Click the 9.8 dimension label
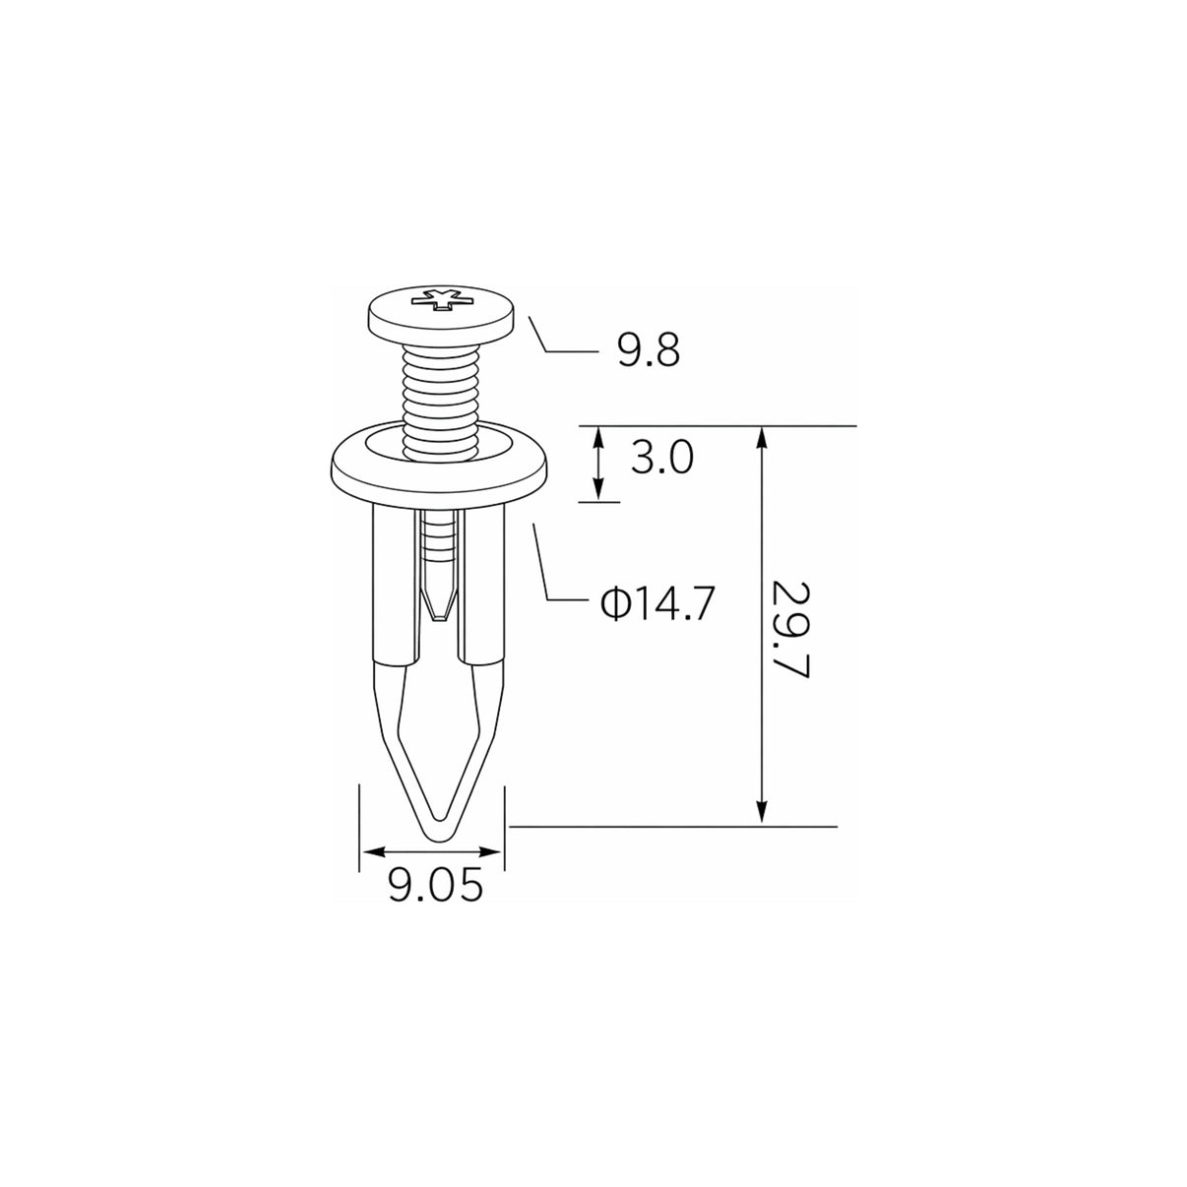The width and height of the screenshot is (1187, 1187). tap(649, 350)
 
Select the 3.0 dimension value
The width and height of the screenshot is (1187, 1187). tap(662, 458)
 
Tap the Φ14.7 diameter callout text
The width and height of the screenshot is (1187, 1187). tap(657, 603)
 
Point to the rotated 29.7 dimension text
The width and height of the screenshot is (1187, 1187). tap(790, 629)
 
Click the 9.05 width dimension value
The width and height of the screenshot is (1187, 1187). tap(435, 887)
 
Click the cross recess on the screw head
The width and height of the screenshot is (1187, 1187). tap(442, 300)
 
